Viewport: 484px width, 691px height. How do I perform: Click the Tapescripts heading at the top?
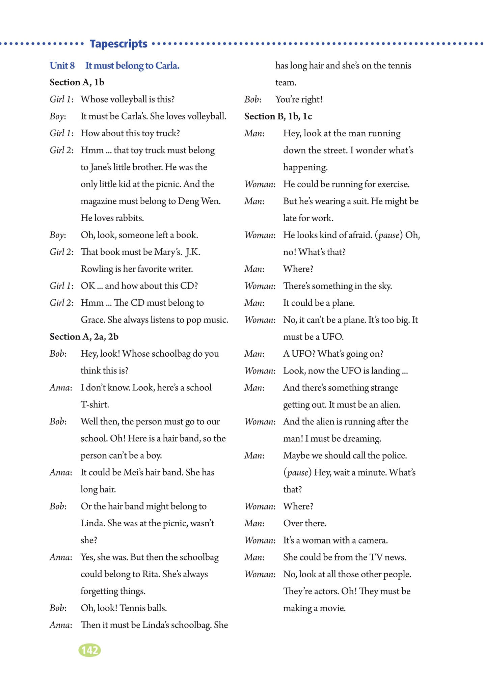(118, 44)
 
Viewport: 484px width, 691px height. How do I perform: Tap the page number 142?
(89, 650)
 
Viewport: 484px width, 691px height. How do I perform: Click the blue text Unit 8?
(62, 65)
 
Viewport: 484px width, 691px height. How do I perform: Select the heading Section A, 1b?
(77, 82)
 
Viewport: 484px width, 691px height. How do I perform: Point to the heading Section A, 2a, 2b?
(84, 337)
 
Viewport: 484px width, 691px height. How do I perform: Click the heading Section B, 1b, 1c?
(278, 116)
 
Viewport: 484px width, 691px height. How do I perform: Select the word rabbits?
(130, 218)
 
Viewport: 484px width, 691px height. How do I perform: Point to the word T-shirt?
(95, 404)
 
